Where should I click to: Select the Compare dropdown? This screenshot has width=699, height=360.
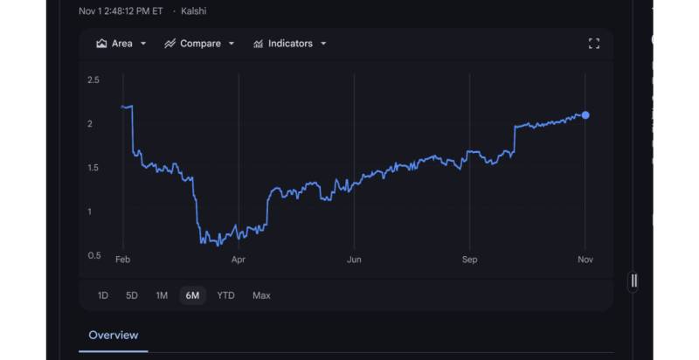click(x=200, y=44)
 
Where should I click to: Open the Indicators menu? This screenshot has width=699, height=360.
click(x=289, y=44)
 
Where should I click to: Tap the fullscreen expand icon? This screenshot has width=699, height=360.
click(x=593, y=44)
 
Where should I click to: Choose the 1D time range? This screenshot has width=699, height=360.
click(x=102, y=295)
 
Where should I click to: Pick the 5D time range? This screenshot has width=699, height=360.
click(x=132, y=295)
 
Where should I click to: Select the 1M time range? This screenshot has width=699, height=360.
click(x=162, y=295)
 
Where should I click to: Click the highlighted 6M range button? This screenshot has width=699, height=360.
click(x=191, y=295)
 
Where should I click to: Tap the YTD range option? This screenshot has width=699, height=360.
click(x=225, y=295)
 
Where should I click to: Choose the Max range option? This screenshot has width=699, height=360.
click(x=261, y=295)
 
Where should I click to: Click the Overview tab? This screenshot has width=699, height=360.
click(x=113, y=335)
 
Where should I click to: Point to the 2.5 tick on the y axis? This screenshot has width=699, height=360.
click(x=93, y=80)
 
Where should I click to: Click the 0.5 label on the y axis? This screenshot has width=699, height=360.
click(x=93, y=255)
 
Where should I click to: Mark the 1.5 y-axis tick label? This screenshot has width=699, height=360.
click(x=93, y=168)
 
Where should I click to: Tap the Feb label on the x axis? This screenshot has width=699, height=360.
click(x=122, y=260)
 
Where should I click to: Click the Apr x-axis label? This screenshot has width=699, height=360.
click(x=238, y=260)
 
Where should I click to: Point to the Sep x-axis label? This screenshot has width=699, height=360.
click(x=469, y=260)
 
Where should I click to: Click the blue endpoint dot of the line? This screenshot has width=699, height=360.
click(x=585, y=115)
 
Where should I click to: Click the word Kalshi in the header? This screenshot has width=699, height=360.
click(x=193, y=11)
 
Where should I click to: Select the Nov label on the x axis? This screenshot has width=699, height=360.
click(x=585, y=260)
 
